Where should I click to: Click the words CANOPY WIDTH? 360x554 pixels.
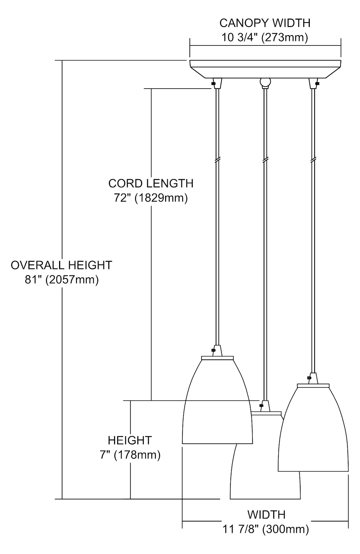[x=265, y=23]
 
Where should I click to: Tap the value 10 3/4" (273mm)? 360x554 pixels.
[x=265, y=38]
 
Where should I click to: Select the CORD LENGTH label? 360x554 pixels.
[x=151, y=184]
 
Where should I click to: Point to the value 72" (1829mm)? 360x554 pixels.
[x=151, y=198]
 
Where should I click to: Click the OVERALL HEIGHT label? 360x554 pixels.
[x=62, y=265]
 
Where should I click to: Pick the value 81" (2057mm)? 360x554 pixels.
[x=62, y=280]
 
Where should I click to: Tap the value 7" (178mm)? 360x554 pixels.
[x=130, y=455]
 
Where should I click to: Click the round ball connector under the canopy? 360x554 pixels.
[x=265, y=82]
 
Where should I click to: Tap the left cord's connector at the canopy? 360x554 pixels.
[x=217, y=83]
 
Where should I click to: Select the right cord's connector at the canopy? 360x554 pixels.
[x=313, y=83]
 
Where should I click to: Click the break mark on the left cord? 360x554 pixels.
[x=217, y=160]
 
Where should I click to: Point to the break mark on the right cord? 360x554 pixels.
[x=313, y=160]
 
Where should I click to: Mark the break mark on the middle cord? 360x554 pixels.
[x=265, y=160]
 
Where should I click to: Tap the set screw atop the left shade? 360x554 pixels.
[x=213, y=350]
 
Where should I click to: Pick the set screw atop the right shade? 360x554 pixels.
[x=309, y=378]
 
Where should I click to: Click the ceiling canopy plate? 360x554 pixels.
[x=265, y=69]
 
